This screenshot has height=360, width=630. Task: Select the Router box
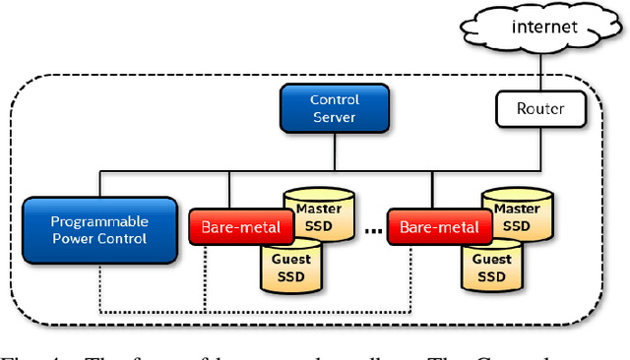pyautogui.click(x=540, y=108)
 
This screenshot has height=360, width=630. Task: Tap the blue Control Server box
pyautogui.click(x=335, y=108)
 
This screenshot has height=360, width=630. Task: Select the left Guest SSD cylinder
pyautogui.click(x=291, y=268)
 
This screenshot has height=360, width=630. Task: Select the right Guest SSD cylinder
pyautogui.click(x=491, y=268)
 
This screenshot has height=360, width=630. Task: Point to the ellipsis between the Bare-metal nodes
pyautogui.click(x=374, y=232)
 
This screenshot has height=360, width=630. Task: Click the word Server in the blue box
pyautogui.click(x=335, y=117)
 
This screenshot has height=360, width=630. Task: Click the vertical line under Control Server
pyautogui.click(x=335, y=152)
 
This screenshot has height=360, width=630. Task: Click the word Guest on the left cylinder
pyautogui.click(x=291, y=259)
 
